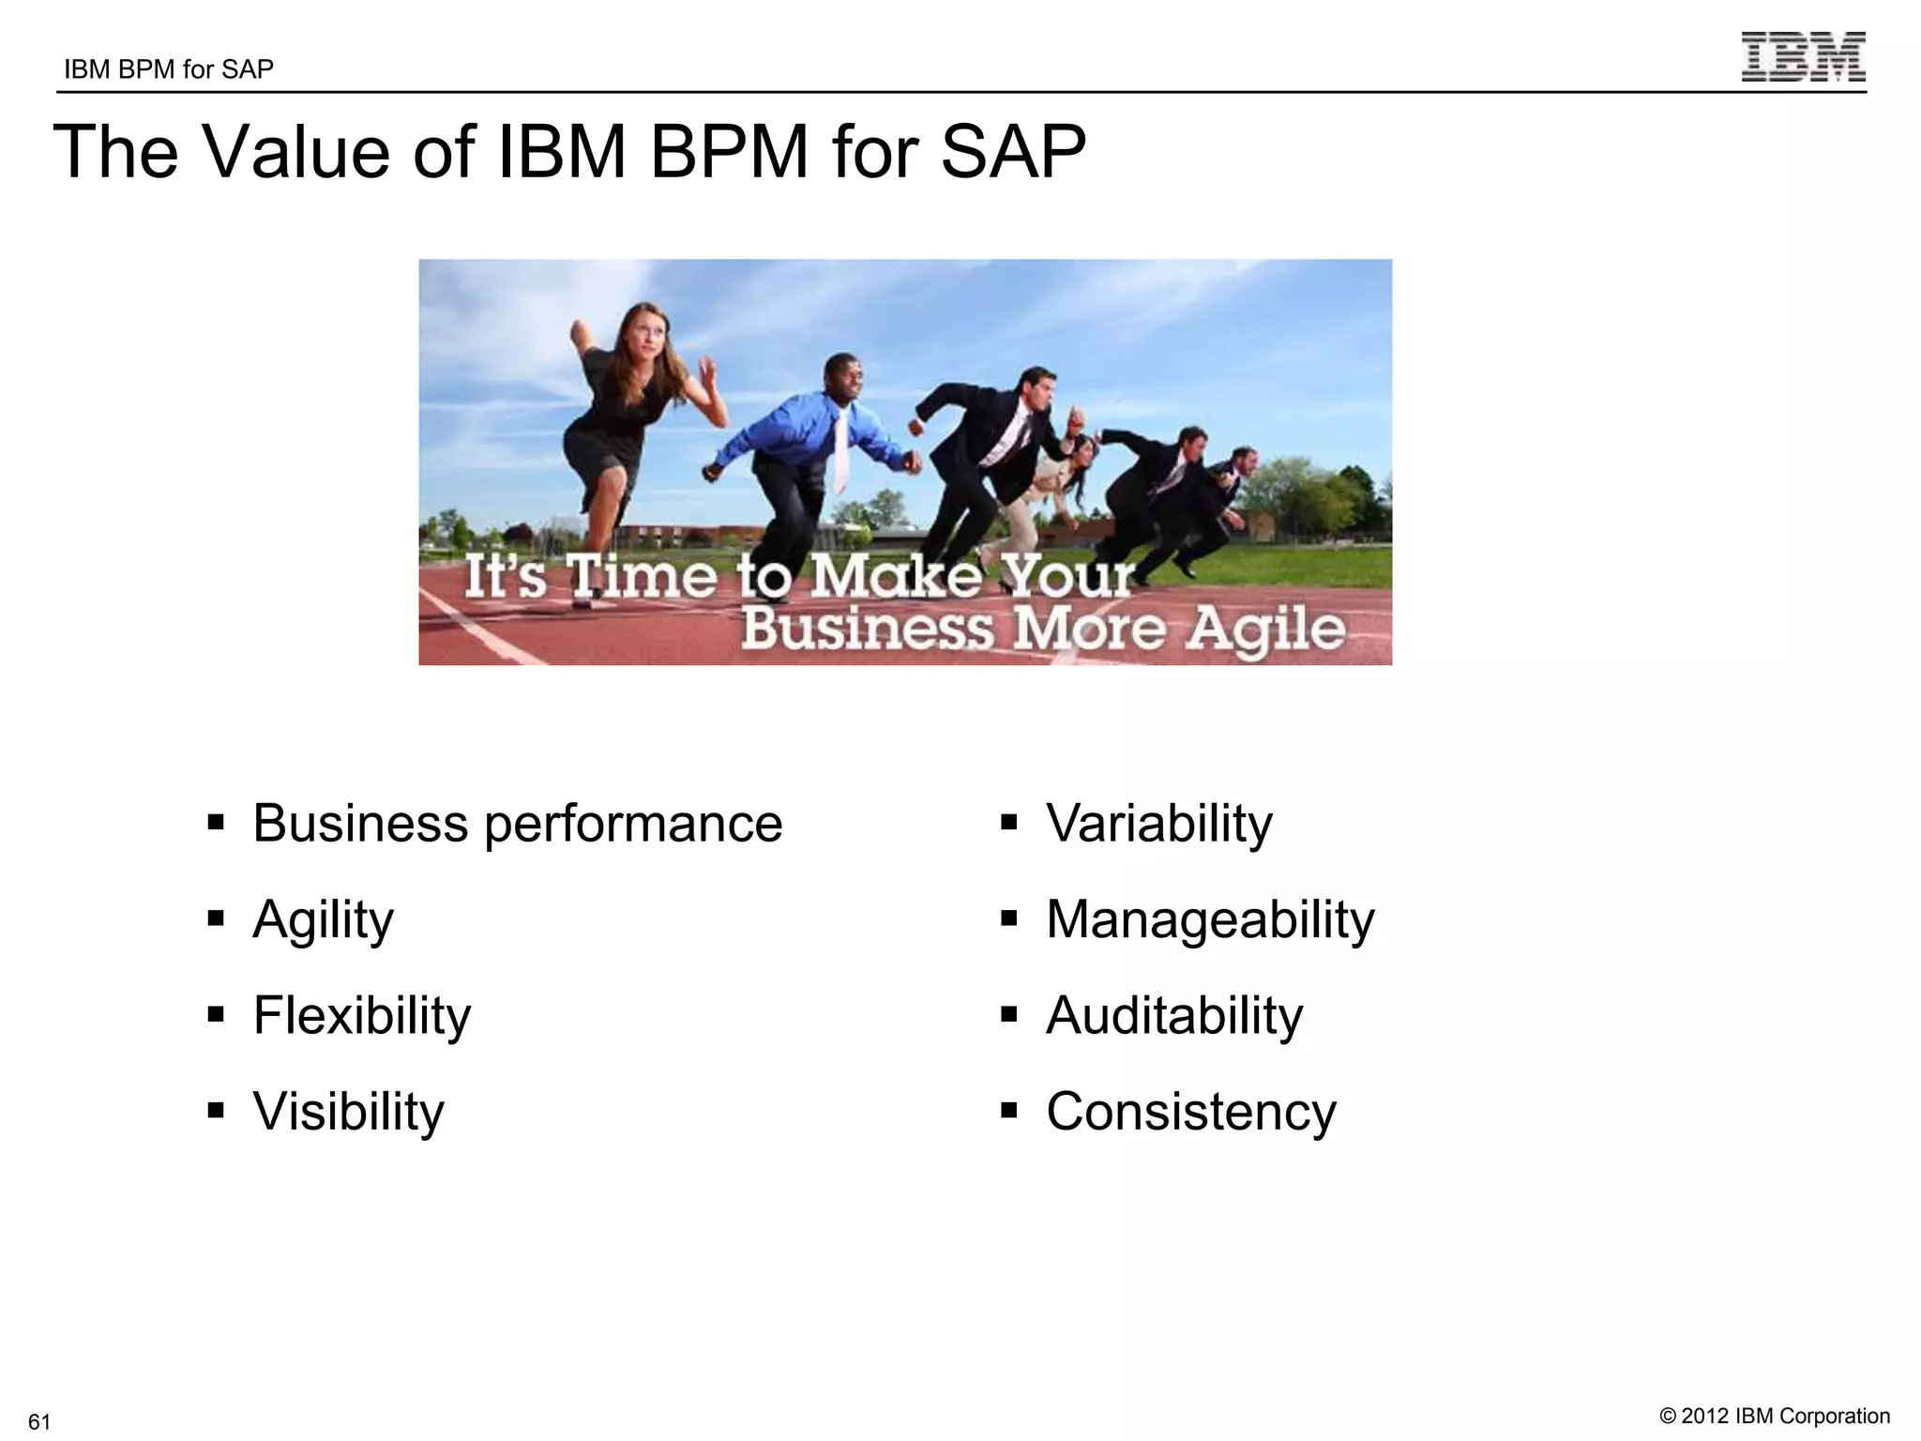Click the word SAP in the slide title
tap(1013, 152)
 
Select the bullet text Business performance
tap(517, 825)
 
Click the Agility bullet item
tap(324, 920)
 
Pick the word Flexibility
tap(362, 1016)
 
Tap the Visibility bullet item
tap(349, 1112)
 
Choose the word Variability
tap(1159, 825)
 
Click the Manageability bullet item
tap(1210, 920)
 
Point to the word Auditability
tap(1174, 1016)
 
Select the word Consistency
tap(1191, 1112)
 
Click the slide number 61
tap(39, 1420)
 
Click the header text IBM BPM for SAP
tap(169, 69)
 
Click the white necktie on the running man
tap(840, 450)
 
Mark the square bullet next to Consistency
tap(1009, 1112)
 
